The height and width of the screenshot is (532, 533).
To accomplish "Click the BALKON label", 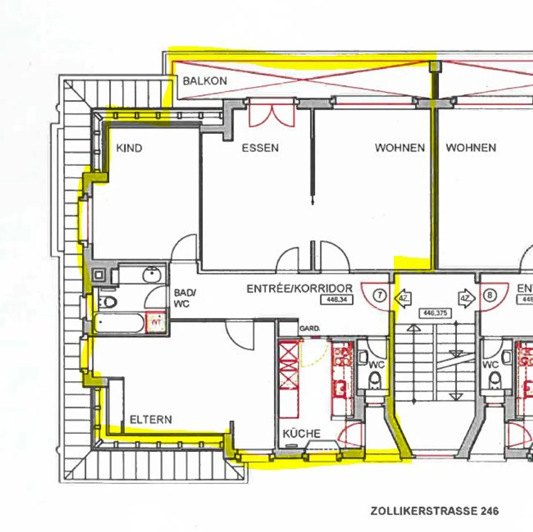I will pyautogui.click(x=205, y=81).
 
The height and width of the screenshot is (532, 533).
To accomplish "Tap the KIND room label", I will pyautogui.click(x=129, y=148).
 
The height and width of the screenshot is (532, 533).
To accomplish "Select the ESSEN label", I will pyautogui.click(x=260, y=148).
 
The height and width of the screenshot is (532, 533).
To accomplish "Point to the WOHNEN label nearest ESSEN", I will pyautogui.click(x=400, y=148).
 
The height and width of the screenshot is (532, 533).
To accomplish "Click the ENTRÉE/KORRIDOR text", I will pyautogui.click(x=299, y=288).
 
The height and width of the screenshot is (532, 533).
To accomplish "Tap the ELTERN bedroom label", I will pyautogui.click(x=151, y=420).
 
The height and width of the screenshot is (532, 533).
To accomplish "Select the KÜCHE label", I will pyautogui.click(x=302, y=433).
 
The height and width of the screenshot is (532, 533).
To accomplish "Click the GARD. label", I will pyautogui.click(x=310, y=329).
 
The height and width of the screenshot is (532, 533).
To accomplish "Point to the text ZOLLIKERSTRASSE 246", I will pyautogui.click(x=435, y=511).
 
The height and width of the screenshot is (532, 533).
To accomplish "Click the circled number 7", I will pyautogui.click(x=380, y=295).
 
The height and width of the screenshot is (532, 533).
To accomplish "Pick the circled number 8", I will pyautogui.click(x=490, y=295).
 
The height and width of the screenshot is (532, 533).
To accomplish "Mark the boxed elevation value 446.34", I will pyautogui.click(x=337, y=300).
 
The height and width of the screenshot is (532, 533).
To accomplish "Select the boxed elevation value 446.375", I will pyautogui.click(x=435, y=313).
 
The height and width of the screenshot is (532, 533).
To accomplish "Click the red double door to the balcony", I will pyautogui.click(x=272, y=113).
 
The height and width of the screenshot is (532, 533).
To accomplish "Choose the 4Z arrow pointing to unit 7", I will pyautogui.click(x=404, y=298).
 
